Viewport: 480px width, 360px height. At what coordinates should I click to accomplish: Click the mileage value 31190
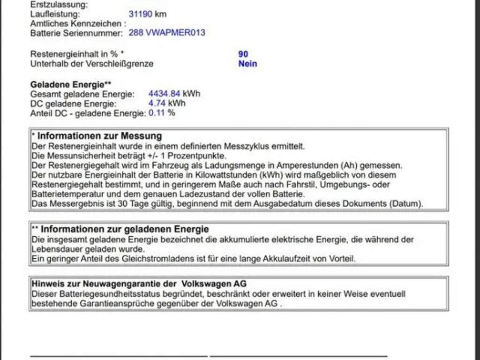[x=140, y=14]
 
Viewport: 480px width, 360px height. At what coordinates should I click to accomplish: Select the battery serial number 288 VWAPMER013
[x=166, y=33]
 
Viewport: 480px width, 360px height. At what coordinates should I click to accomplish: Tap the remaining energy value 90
[x=243, y=54]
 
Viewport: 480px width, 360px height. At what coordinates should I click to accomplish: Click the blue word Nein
[x=247, y=64]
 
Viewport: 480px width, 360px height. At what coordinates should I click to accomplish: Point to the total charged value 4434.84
[x=164, y=94]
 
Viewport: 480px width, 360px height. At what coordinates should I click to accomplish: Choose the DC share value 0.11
[x=157, y=113]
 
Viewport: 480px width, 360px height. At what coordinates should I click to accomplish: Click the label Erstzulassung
[x=58, y=5]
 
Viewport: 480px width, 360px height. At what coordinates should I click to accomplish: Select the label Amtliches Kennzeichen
[x=78, y=23]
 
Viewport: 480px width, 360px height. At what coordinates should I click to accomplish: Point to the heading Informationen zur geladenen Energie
[x=124, y=229]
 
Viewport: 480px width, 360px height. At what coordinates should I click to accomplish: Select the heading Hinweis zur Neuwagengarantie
[x=138, y=284]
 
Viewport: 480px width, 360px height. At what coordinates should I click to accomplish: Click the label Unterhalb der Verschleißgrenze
[x=91, y=64]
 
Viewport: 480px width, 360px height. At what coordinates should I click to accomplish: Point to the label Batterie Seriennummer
[x=76, y=33]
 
